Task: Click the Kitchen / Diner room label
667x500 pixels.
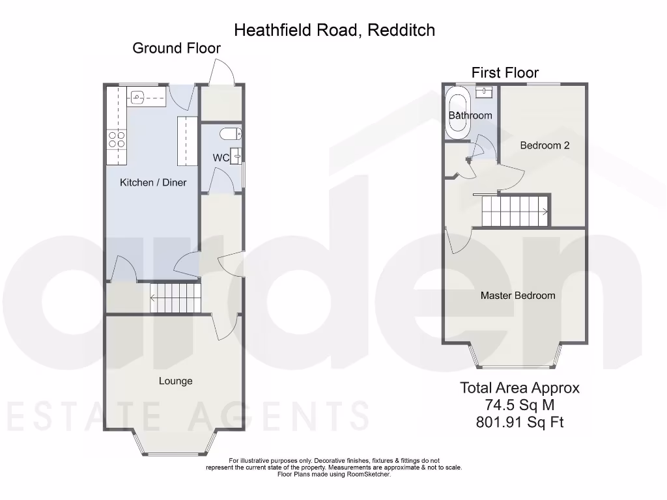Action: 152,182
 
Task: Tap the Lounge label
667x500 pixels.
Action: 175,381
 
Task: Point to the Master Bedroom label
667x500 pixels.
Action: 518,296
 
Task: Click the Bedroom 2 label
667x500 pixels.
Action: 545,146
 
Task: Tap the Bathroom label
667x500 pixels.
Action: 470,116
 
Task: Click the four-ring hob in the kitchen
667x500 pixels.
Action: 117,139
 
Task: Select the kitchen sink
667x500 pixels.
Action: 137,98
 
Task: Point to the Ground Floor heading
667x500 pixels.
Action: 176,48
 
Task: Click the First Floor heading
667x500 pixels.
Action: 505,72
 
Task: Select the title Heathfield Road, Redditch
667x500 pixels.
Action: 334,29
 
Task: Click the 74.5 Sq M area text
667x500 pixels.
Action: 519,405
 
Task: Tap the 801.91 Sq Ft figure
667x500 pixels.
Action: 519,422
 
